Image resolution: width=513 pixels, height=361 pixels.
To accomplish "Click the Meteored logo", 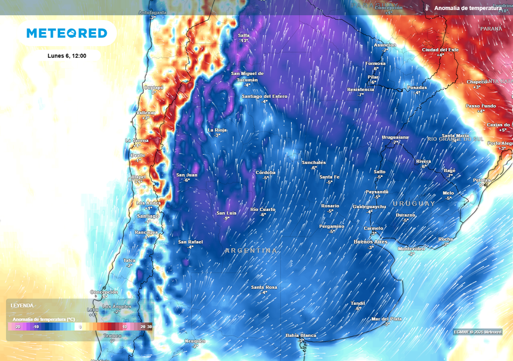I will tap(67, 33).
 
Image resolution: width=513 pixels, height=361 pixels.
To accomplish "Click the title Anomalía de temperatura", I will tap(467, 9).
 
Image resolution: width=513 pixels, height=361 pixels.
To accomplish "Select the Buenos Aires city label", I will tap(371, 242).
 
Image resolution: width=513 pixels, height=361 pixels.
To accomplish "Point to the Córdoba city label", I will tap(266, 172).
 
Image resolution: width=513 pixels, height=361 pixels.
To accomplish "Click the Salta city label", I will tap(244, 35).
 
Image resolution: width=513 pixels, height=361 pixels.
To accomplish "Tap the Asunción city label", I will tap(385, 45).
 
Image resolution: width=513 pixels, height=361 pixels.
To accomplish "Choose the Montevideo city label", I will tap(411, 249).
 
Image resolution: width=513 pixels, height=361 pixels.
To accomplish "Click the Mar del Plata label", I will tap(386, 319).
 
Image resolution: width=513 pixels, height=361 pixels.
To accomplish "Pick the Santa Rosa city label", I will tap(264, 287).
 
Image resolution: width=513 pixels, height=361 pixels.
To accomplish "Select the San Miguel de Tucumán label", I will tap(247, 76).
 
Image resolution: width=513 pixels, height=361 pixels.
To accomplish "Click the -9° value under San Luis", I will tap(227, 218).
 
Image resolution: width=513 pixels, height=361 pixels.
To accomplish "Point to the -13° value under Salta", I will tap(244, 41).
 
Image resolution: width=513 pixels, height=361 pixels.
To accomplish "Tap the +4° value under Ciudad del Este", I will tap(440, 55).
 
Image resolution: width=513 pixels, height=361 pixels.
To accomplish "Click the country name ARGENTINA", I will tap(251, 250).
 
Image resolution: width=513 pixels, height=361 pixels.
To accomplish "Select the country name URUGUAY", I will tap(414, 204).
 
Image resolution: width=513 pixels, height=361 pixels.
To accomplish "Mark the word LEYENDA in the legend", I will tap(22, 305).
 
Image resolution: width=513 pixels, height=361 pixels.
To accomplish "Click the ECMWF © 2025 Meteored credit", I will tap(477, 332).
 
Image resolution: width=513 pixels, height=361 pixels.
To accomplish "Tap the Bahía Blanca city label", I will tap(301, 335).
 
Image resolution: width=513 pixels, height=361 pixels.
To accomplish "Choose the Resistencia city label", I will tap(360, 89).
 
